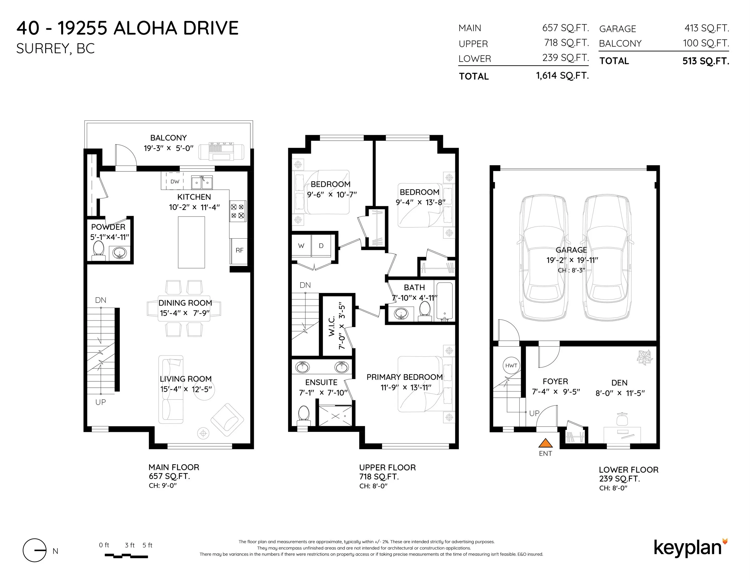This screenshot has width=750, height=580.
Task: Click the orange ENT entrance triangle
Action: [x=545, y=443]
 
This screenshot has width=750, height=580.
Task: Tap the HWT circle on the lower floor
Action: [x=511, y=366]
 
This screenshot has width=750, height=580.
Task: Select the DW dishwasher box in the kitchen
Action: [x=175, y=182]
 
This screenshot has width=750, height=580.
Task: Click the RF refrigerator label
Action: [x=239, y=250]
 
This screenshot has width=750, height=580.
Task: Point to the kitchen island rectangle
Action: [x=191, y=242]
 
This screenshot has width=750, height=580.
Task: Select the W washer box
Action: [x=301, y=246]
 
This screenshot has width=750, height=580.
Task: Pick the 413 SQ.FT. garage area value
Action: [x=706, y=28]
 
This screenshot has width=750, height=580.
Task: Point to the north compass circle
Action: [x=34, y=550]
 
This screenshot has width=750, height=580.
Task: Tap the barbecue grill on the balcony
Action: [x=221, y=151]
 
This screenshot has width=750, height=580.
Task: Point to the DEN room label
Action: [x=619, y=383]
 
